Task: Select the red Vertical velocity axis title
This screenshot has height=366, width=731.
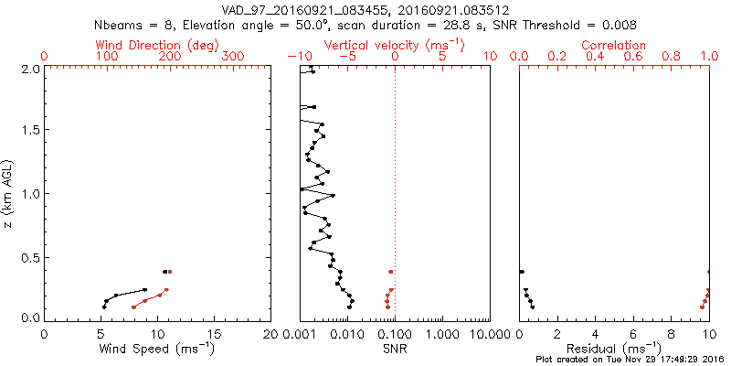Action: (394, 45)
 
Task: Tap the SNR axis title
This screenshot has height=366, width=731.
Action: (395, 349)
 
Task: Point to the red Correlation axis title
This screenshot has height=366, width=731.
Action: (614, 45)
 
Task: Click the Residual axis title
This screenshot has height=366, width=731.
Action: (614, 349)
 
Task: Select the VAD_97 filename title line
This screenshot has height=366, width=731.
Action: (365, 9)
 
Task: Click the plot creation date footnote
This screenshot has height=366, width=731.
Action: (630, 360)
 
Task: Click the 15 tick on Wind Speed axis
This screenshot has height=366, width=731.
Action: (215, 334)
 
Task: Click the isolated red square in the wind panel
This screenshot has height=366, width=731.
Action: (170, 272)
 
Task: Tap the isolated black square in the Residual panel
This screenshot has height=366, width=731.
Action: (522, 272)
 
